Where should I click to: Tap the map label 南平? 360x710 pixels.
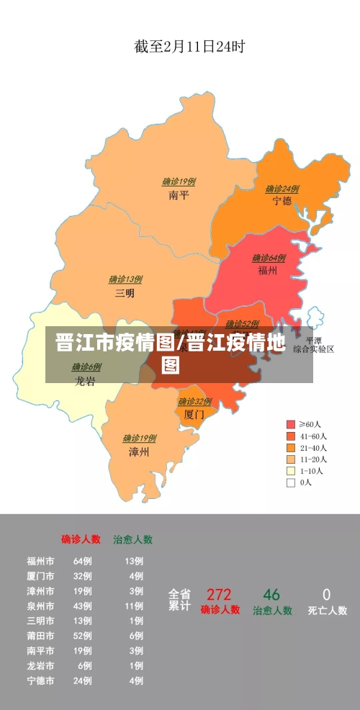(x=179, y=194)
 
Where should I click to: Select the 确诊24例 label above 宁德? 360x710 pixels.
(x=282, y=189)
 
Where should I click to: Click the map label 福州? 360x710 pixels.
(x=269, y=271)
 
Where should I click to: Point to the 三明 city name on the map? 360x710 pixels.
(x=125, y=293)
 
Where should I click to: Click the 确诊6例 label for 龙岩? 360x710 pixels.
(x=86, y=367)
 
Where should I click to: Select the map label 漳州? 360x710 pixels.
(x=139, y=451)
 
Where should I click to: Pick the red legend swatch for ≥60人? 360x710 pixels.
(x=291, y=424)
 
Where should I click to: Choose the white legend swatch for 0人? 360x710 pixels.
(x=291, y=483)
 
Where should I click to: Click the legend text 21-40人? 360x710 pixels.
(x=313, y=448)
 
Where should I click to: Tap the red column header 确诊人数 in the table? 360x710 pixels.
(x=81, y=539)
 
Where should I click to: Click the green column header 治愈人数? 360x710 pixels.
(x=132, y=539)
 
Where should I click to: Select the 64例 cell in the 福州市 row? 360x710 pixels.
(x=82, y=561)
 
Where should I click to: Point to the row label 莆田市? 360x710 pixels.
(x=40, y=636)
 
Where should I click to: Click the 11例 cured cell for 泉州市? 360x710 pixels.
(x=134, y=606)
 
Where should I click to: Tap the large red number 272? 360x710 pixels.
(x=219, y=595)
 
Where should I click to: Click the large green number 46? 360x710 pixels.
(x=271, y=595)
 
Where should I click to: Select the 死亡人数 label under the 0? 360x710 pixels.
(x=327, y=611)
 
